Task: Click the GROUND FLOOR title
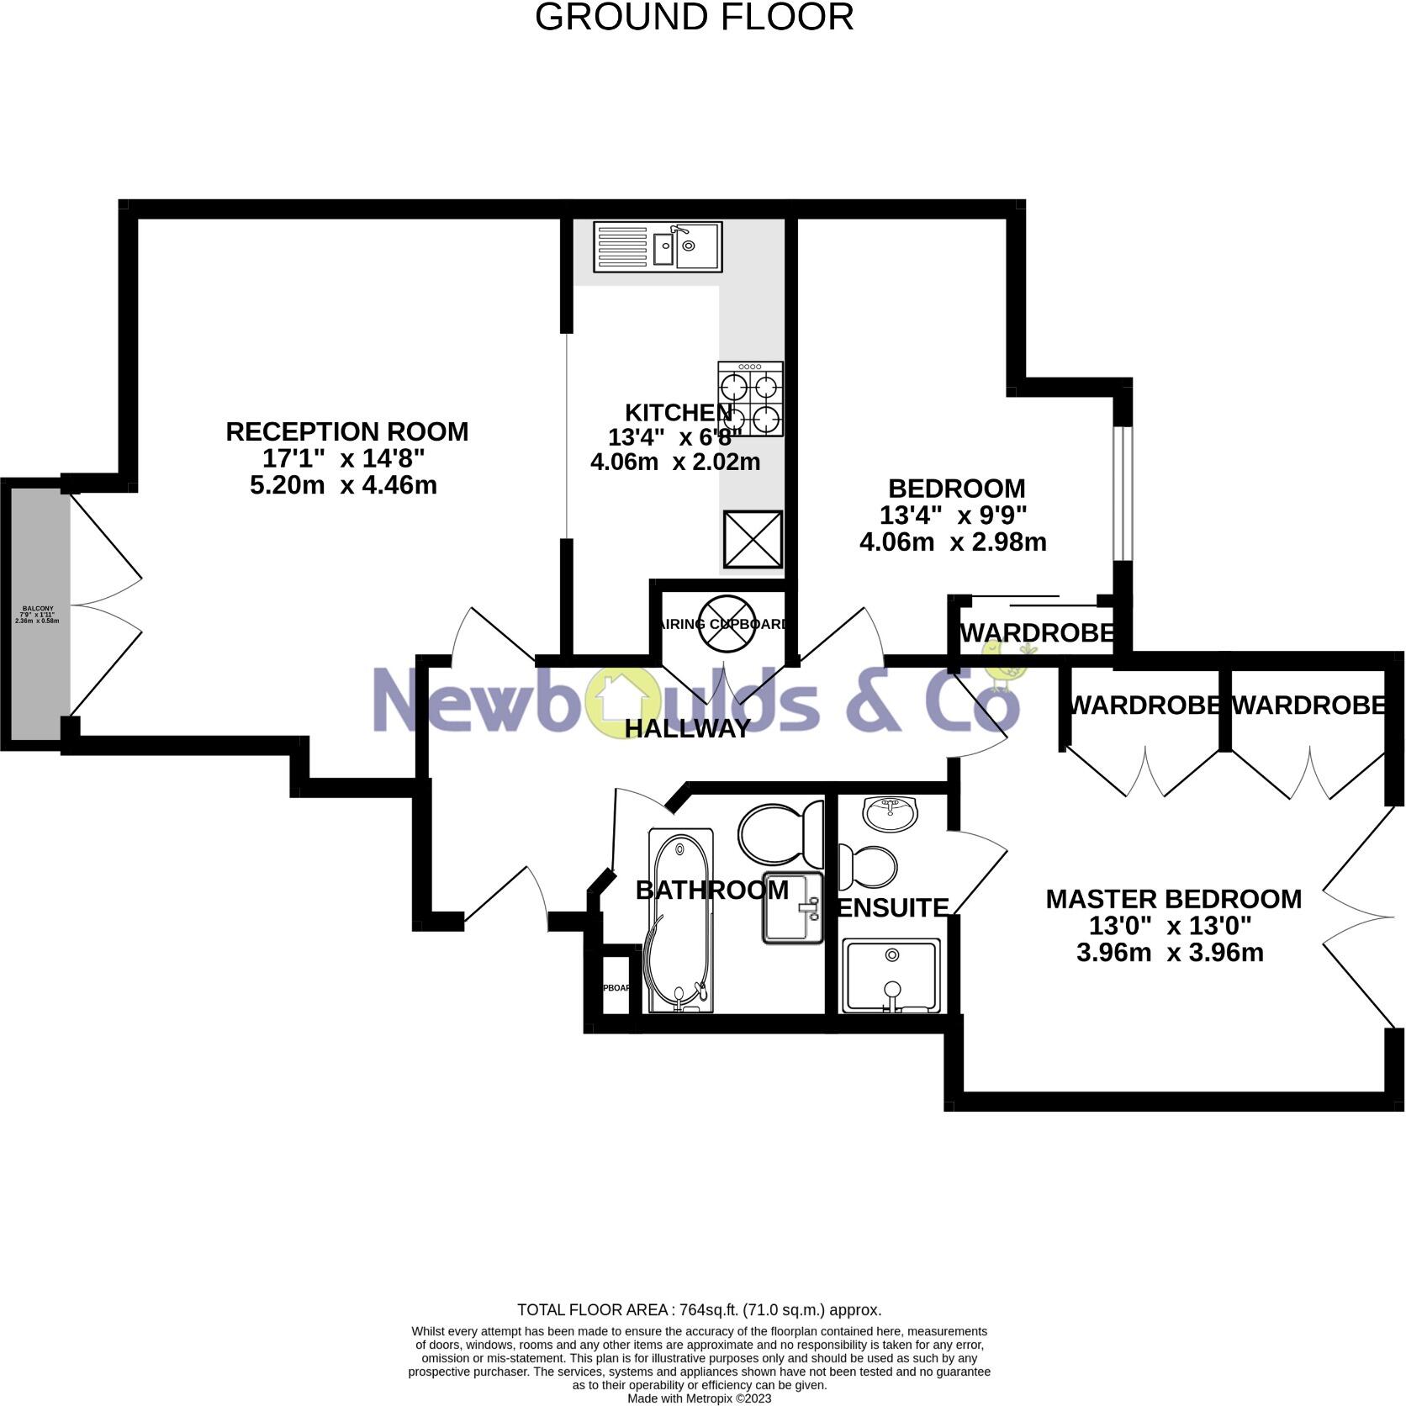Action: [x=694, y=18]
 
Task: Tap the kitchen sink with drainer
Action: [x=657, y=246]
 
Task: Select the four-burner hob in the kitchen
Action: [x=750, y=399]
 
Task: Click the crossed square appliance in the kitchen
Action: [x=753, y=539]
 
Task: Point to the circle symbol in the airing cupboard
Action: [x=724, y=623]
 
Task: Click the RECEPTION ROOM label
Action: [x=346, y=431]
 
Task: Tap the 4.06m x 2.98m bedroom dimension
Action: [x=953, y=542]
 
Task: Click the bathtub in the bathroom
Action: [x=679, y=921]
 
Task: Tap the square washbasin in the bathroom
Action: [x=792, y=908]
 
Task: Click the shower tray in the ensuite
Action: [x=891, y=975]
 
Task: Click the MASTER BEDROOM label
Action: [x=1173, y=899]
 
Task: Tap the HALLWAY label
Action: [x=687, y=728]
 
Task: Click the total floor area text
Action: [x=699, y=1309]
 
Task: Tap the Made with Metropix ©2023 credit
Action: [x=699, y=1398]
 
